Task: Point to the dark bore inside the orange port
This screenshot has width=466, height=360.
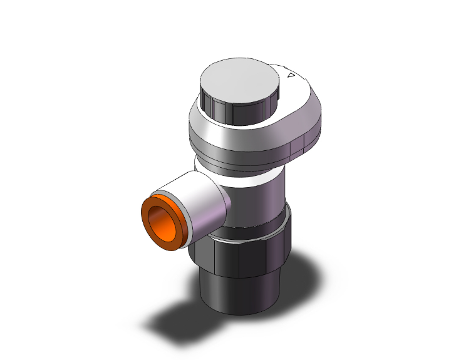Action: click(x=163, y=219)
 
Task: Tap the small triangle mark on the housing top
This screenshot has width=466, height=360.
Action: click(x=289, y=76)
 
